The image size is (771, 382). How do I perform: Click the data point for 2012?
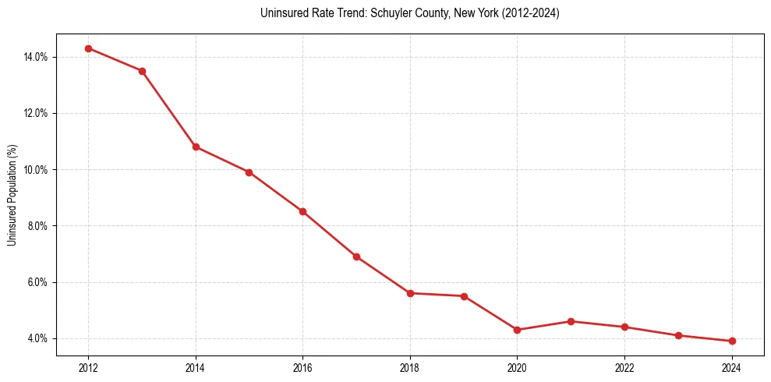tap(88, 48)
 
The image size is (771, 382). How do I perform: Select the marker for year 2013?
tap(142, 71)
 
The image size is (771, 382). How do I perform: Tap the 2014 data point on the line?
tap(196, 147)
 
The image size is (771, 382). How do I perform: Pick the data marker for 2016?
tap(302, 211)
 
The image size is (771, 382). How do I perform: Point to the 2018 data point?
tap(410, 293)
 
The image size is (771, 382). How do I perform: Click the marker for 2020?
tap(518, 330)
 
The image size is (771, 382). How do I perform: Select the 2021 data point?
tap(571, 321)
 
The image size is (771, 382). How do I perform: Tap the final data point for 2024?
tap(732, 341)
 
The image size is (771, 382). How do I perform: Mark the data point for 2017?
tap(356, 256)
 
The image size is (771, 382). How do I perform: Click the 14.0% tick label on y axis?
tap(37, 57)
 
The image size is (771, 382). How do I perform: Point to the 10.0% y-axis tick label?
tap(37, 169)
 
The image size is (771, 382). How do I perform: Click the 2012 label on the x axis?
tap(88, 368)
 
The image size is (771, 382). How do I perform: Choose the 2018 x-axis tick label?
tap(410, 368)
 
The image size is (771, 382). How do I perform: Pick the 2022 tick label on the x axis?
tap(624, 368)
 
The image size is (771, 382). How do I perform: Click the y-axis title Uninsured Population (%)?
tap(12, 195)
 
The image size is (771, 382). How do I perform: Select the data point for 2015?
tap(249, 172)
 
